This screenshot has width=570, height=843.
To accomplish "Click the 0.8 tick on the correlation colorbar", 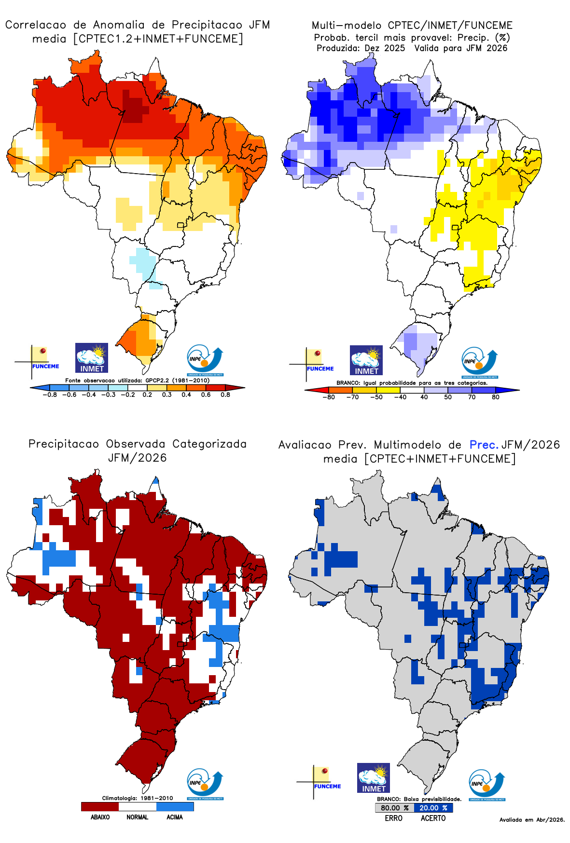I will pos(225,394).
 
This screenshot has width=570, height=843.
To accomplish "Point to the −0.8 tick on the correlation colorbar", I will pos(49,394).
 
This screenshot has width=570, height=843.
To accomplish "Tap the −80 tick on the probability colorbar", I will pos(329,397).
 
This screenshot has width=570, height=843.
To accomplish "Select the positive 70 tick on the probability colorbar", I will pos(472,397).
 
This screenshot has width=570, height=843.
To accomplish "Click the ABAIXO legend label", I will pos(100,817).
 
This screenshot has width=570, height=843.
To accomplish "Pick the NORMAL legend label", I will pos(137,817).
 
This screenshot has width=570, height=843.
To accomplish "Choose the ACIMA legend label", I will pos(174,817).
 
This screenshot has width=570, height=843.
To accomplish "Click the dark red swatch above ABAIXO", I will pos(100,806).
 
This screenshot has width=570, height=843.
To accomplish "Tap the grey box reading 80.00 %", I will pos(394,808).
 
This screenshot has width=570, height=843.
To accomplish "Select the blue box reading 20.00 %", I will pos(433,808).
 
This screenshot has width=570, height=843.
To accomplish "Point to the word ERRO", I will pos(393,818).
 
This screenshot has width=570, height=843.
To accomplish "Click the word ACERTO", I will pos(433,818).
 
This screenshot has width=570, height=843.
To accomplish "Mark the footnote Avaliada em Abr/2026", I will pos(532,820).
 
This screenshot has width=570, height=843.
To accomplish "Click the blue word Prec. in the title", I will pos(484,445).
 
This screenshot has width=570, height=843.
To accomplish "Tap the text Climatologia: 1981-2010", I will pos(137,798).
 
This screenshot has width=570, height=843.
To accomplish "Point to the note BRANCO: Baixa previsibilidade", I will pos(419,799).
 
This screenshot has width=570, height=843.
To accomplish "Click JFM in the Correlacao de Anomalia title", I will pos(259,25).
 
